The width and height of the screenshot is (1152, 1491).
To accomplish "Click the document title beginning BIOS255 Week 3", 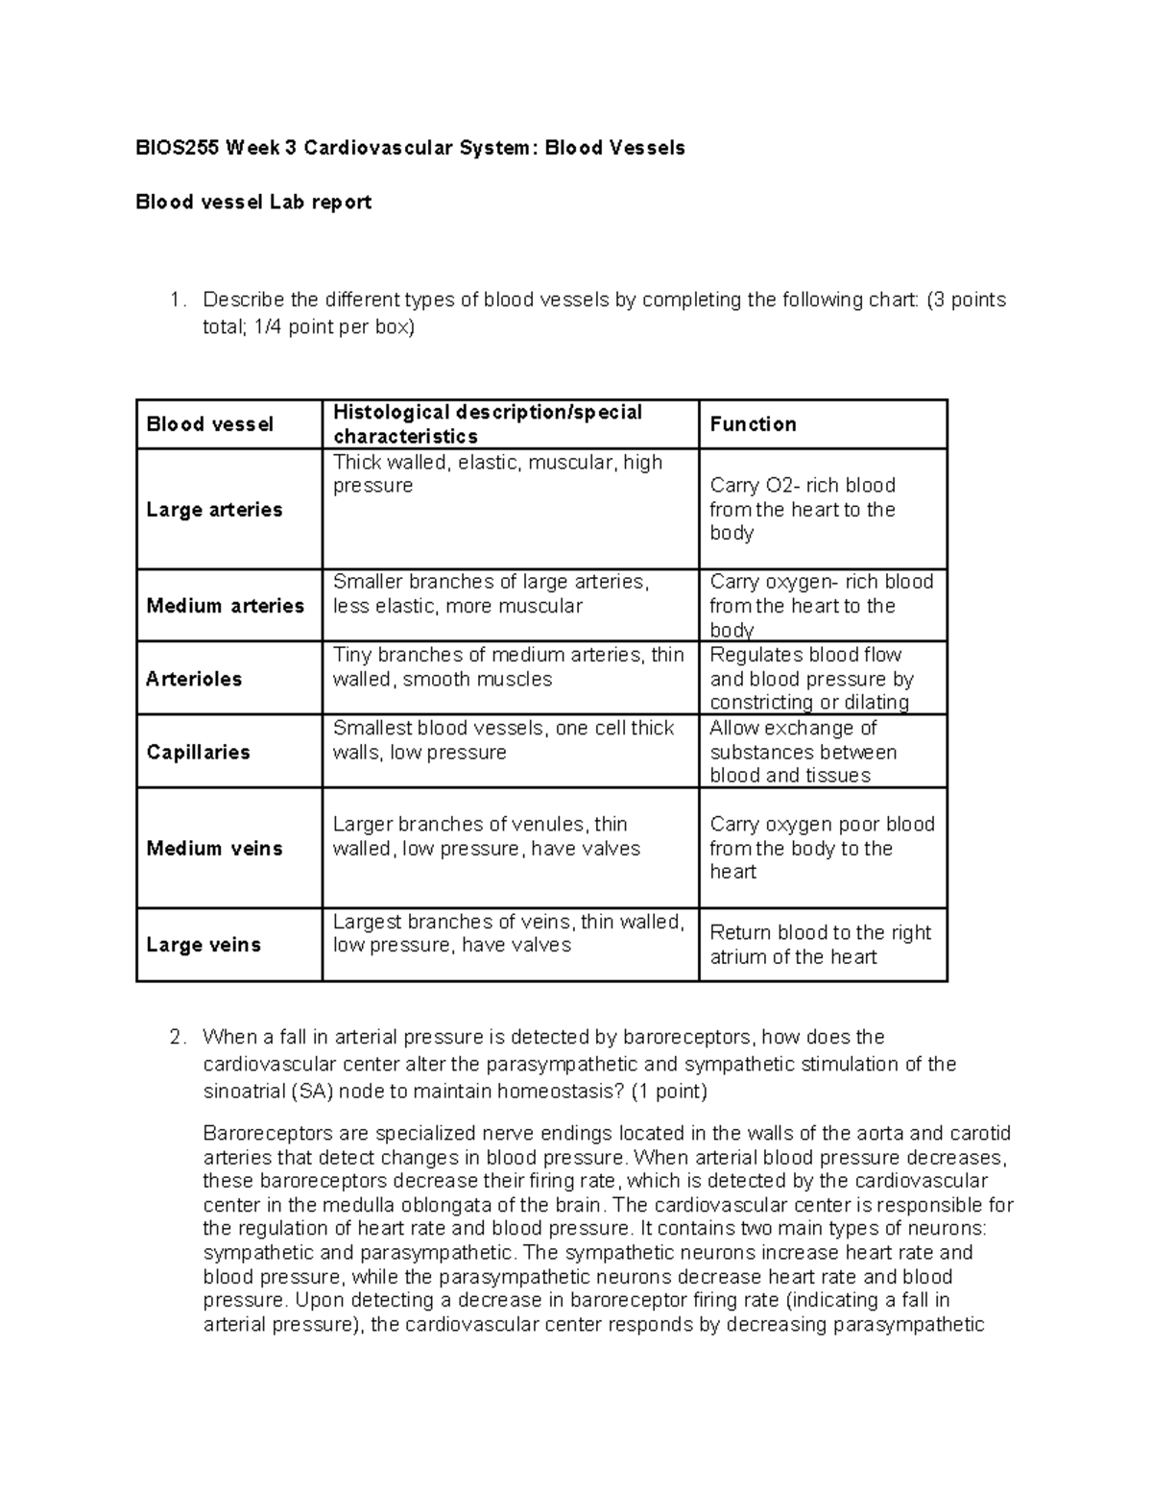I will (x=410, y=148).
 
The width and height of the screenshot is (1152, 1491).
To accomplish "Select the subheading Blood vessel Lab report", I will (x=253, y=202).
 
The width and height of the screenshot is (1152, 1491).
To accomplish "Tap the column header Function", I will (x=753, y=424).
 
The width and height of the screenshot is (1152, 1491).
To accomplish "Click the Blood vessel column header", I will (x=209, y=424).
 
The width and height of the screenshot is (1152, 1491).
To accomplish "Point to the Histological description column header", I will (x=487, y=424).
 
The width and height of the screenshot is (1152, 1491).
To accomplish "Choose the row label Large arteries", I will (x=214, y=510).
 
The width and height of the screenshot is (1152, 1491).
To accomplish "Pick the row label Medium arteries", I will (x=225, y=606).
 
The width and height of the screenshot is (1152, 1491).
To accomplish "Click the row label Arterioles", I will (x=194, y=679).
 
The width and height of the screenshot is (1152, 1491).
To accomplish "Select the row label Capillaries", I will (x=198, y=752).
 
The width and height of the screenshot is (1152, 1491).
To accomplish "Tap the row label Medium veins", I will (x=214, y=849).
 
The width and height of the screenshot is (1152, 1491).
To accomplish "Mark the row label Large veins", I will (x=204, y=945).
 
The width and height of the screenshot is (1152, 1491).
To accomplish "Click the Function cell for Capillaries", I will (x=803, y=752).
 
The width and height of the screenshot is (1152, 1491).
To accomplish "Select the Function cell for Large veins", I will (x=820, y=945).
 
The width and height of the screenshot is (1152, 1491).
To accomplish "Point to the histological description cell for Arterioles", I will (x=508, y=667).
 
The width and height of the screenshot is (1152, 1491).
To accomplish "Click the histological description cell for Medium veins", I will (x=486, y=836).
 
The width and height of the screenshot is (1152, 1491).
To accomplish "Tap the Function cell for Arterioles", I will (x=811, y=679).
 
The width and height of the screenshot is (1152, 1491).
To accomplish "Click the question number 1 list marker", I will (x=175, y=301).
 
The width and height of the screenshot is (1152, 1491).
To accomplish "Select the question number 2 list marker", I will (x=175, y=1038).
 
